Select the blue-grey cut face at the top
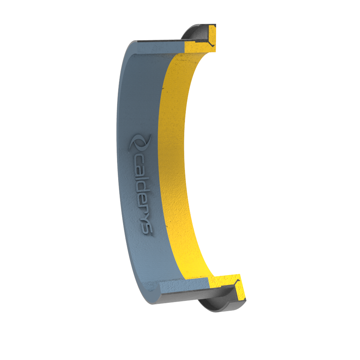click(x=161, y=47)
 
